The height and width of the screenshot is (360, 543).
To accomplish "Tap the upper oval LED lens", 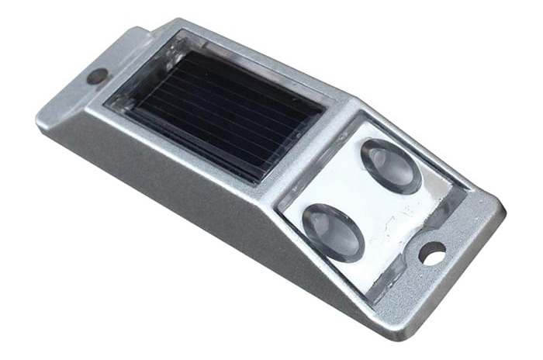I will coord(390,164).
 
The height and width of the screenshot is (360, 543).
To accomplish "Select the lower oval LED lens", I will coord(333,230).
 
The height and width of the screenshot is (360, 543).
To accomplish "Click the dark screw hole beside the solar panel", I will coord(98,76).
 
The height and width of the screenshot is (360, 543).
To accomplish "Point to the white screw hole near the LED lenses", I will coord(432,253).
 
